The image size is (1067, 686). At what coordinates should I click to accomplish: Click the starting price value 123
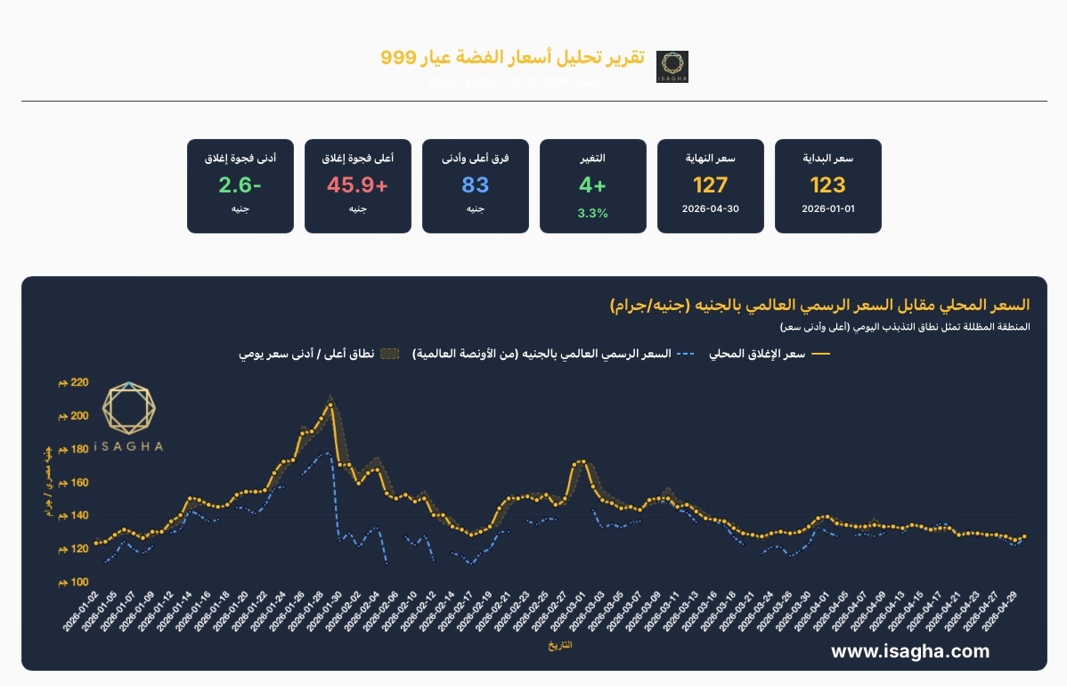tap(827, 185)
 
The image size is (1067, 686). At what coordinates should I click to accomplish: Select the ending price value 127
tap(710, 185)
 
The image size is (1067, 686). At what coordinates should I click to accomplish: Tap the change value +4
tap(593, 185)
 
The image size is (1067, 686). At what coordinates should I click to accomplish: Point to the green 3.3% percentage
tap(593, 213)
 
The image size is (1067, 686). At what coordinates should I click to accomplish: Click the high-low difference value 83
tap(476, 185)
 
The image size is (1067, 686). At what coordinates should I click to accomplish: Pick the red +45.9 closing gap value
tap(358, 185)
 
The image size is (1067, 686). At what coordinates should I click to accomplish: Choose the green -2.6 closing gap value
tap(240, 185)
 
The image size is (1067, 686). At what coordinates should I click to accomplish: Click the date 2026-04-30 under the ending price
tap(710, 209)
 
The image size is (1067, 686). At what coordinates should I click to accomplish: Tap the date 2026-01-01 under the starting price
tap(827, 209)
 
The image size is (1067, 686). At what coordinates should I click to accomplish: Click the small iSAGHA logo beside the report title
tap(672, 67)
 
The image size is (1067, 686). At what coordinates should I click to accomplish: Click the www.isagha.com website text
tap(909, 651)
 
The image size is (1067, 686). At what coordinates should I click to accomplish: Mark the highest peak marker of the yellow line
tap(330, 404)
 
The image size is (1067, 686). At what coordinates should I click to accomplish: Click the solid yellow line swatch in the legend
tap(819, 355)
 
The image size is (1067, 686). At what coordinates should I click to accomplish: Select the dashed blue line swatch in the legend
tap(685, 355)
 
